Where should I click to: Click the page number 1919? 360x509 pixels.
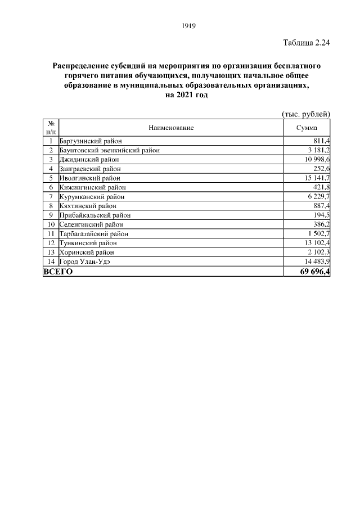tap(188, 27)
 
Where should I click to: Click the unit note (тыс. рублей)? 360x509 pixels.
tap(305, 114)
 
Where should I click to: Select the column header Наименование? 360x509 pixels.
tap(171, 128)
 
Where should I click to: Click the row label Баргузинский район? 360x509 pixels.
tap(91, 141)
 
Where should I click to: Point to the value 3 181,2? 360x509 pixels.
tap(318, 150)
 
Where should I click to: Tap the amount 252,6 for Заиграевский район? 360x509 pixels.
tap(321, 169)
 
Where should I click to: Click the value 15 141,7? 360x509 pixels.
tap(317, 178)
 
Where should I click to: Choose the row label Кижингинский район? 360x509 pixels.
tap(92, 187)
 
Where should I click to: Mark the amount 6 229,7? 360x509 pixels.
tap(318, 196)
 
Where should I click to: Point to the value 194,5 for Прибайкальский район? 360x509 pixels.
tap(321, 215)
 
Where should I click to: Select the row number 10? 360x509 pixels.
tap(51, 224)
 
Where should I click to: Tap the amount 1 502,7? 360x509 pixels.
tap(318, 233)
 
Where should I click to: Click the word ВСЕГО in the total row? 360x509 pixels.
tap(58, 272)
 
